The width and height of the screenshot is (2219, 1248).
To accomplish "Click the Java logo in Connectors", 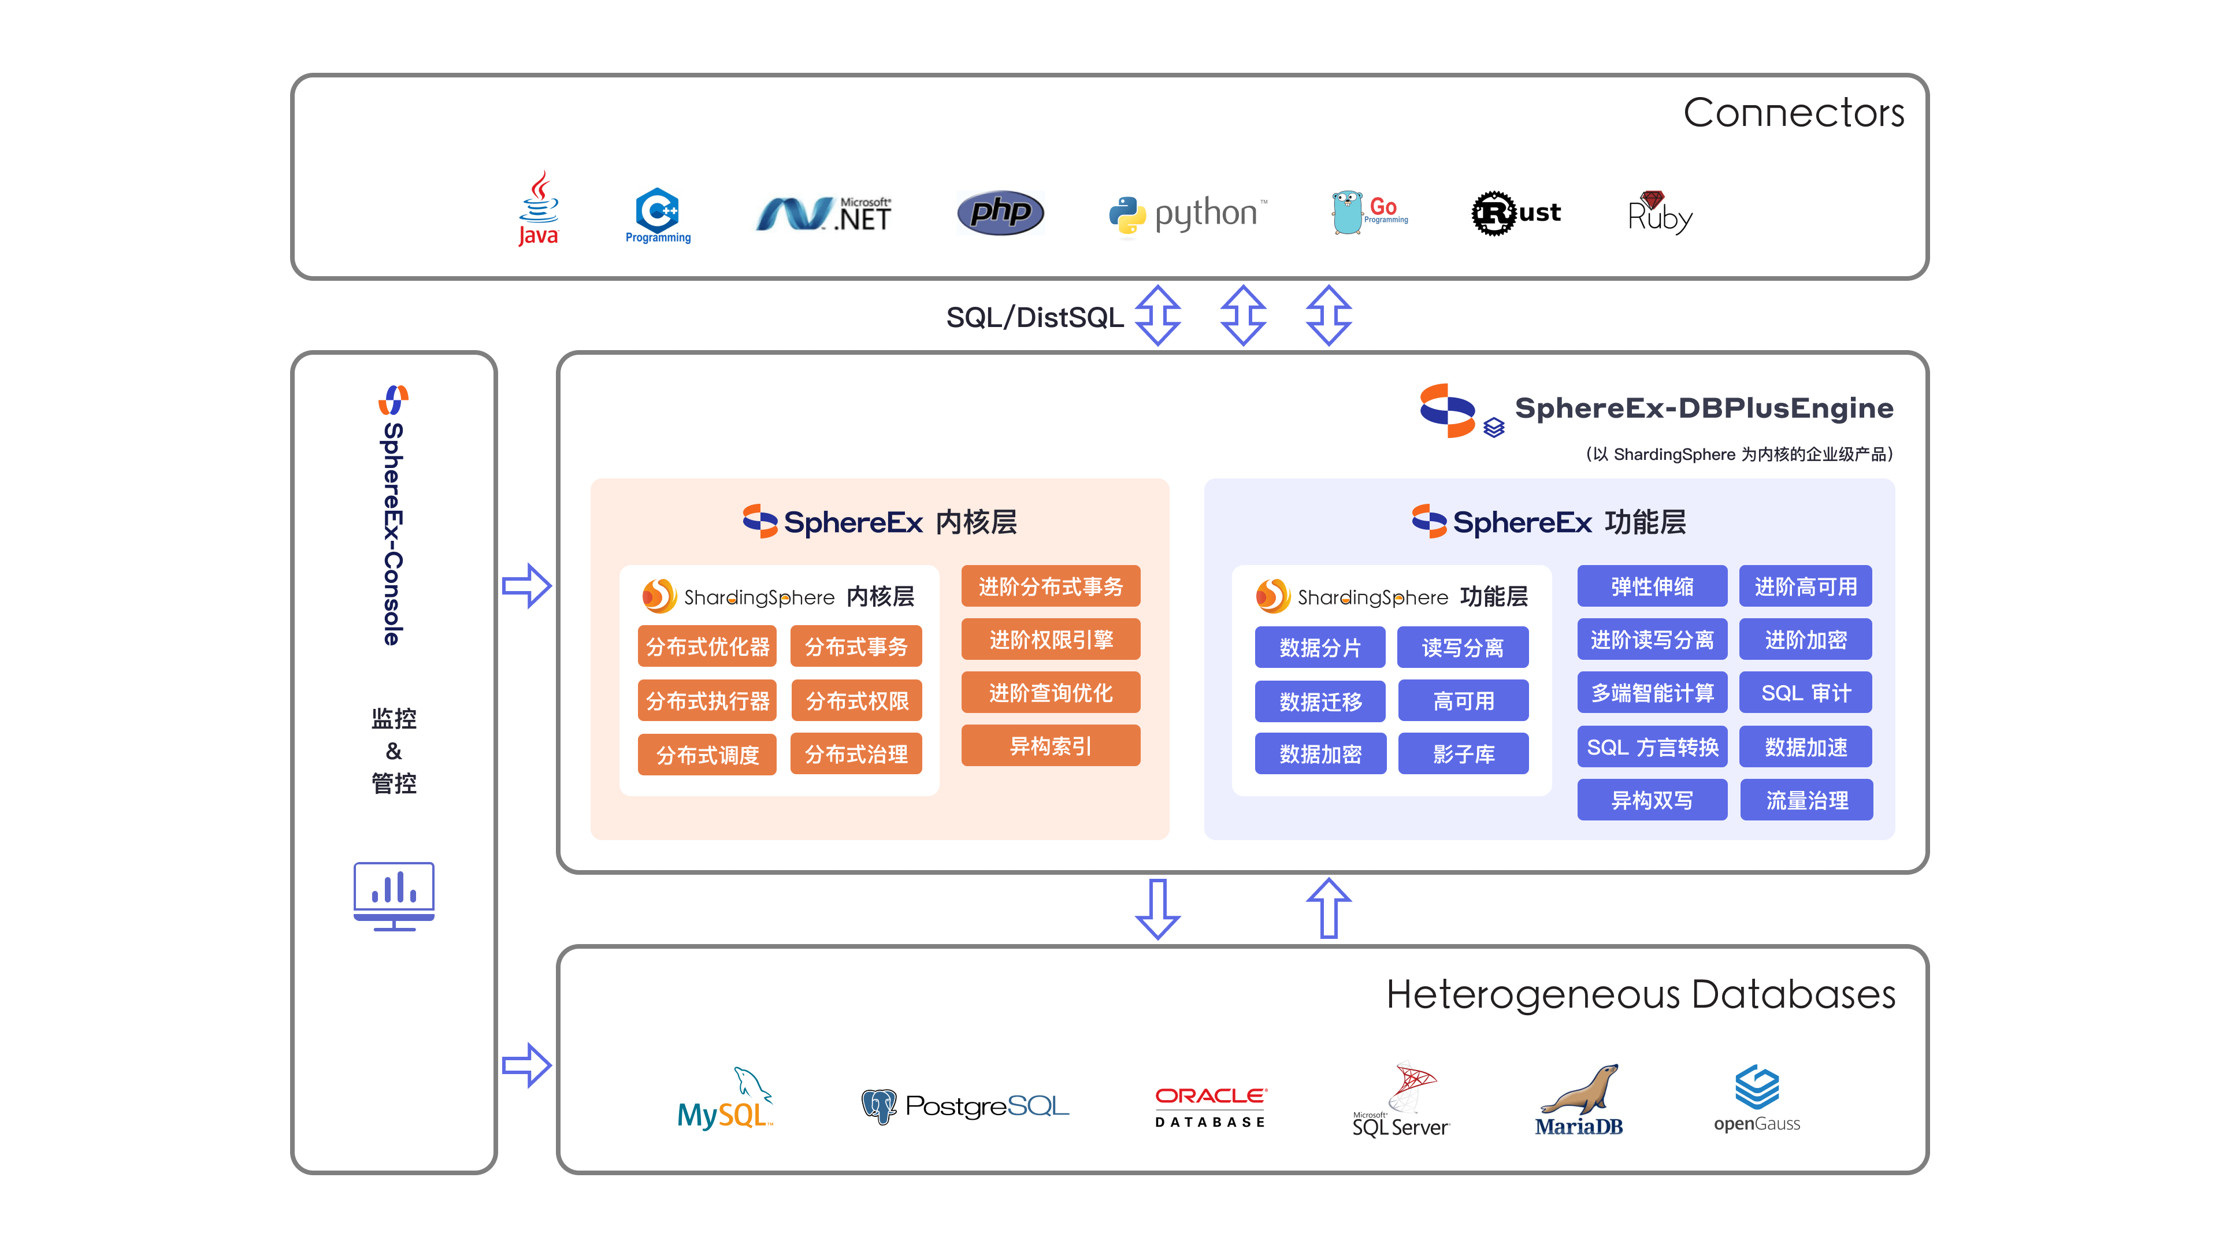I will pos(539,209).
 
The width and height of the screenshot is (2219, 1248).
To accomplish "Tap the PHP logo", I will pos(1000,213).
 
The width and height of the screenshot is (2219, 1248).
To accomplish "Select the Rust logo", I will pos(1515,213).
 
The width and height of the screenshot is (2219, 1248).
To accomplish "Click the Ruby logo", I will pos(1659,213).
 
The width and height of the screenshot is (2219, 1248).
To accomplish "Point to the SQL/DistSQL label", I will pos(1034,317).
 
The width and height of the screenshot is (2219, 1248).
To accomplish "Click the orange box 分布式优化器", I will pos(707,647).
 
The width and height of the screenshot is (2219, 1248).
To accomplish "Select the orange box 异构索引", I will pos(1050,746).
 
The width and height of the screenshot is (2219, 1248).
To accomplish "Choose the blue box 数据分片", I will pos(1320,648).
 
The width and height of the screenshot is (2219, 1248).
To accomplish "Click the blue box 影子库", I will pos(1463,755).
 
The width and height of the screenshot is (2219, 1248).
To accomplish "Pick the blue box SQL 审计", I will pos(1805,693).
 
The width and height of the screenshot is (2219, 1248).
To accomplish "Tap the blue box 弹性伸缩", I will pos(1652,586).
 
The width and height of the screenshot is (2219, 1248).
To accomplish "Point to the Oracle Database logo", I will pos(1210,1107).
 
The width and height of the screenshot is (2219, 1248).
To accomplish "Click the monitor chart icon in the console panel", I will pos(394,896).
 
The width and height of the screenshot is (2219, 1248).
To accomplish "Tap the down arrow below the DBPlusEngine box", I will pos(1157,909).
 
